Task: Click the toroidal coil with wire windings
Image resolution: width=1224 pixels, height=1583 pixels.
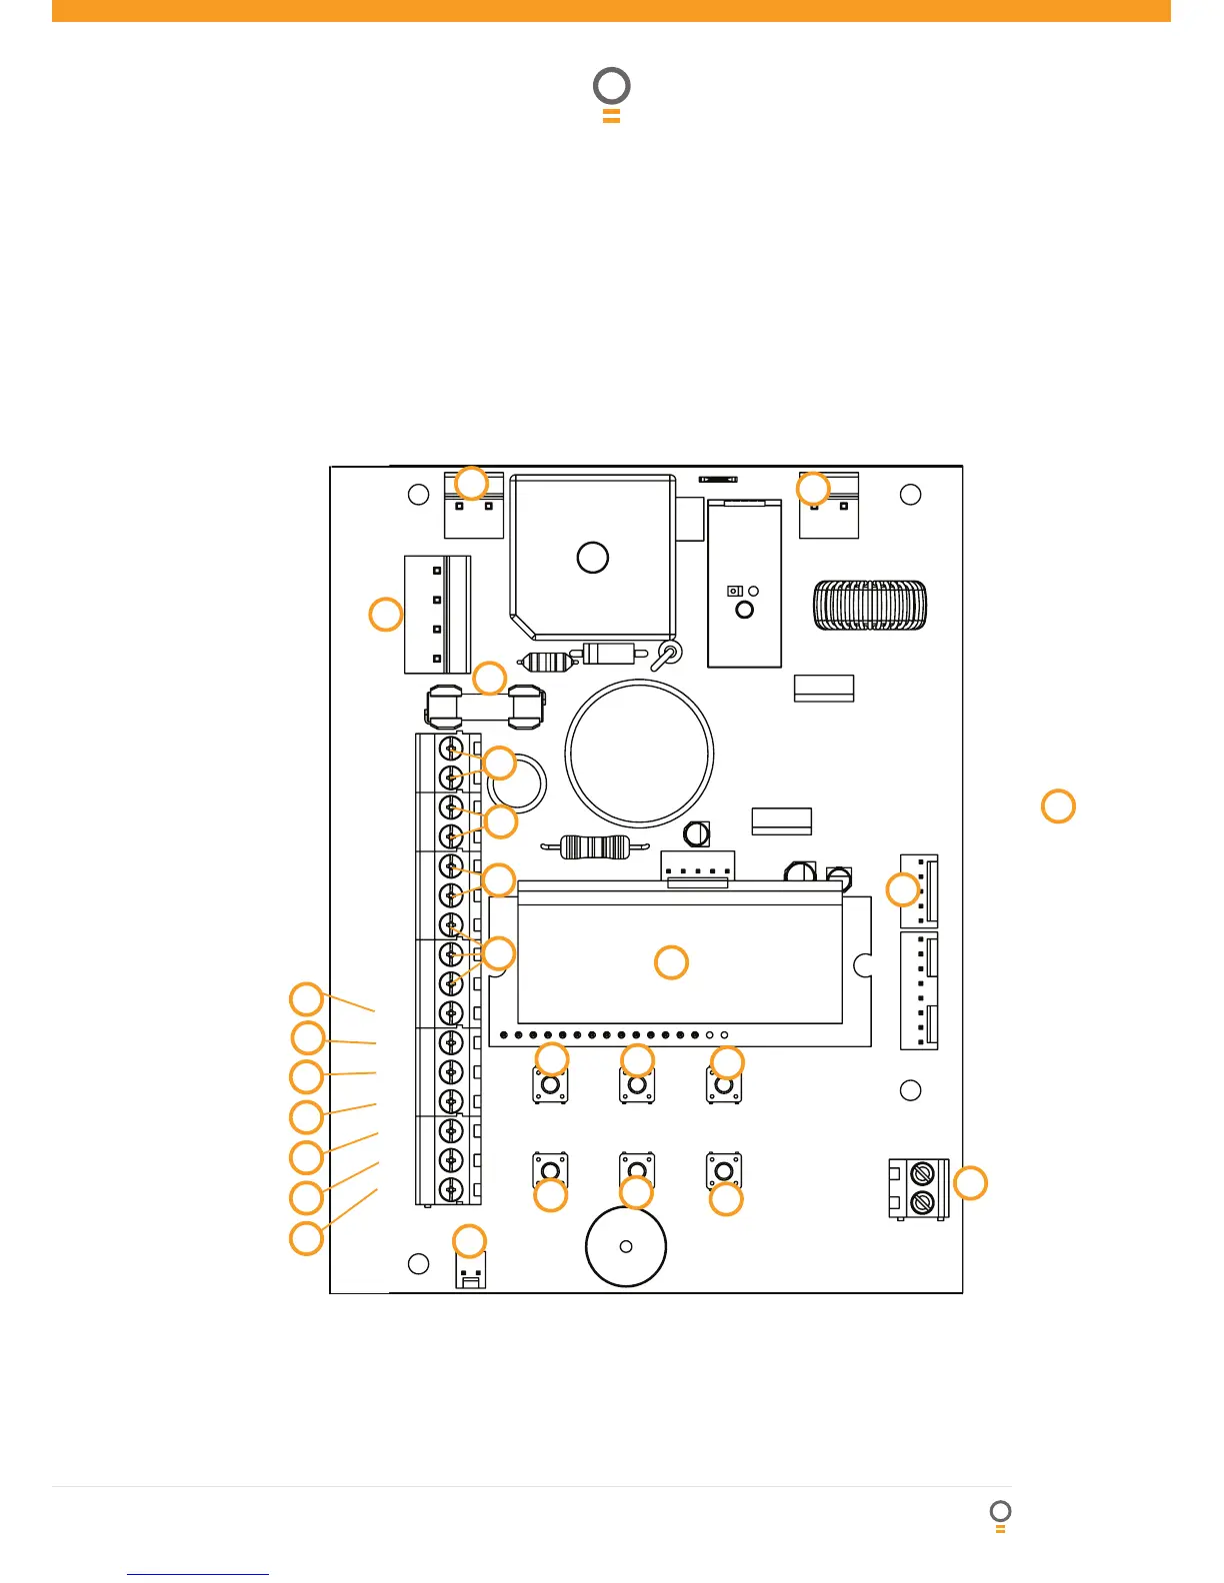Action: (870, 606)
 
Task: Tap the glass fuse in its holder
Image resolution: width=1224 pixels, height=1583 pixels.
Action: (484, 707)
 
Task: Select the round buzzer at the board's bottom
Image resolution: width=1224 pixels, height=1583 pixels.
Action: (626, 1246)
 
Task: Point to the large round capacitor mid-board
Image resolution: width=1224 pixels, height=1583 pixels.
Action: (639, 754)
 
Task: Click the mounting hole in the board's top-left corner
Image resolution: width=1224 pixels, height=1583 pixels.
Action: (419, 495)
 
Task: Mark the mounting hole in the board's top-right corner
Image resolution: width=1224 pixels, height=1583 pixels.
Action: (910, 495)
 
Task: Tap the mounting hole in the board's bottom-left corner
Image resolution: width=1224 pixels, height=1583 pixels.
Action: (419, 1264)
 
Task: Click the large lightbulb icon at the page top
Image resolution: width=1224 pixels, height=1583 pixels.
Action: (612, 93)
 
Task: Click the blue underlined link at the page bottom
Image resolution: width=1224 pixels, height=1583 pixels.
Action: (198, 1574)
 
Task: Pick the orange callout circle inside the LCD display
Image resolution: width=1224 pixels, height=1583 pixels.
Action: (671, 962)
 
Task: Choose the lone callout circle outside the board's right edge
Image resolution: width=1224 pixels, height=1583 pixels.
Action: (1058, 805)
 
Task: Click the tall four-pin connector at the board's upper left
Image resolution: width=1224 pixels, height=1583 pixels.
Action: (437, 615)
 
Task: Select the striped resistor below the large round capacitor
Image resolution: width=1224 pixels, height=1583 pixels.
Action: (594, 847)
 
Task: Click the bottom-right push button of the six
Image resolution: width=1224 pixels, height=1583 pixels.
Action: (724, 1168)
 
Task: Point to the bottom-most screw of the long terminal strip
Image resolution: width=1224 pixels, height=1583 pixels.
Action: (452, 1189)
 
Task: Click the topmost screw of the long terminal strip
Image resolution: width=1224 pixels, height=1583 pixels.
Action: (452, 750)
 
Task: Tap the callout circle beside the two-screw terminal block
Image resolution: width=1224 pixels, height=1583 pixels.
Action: (969, 1183)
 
